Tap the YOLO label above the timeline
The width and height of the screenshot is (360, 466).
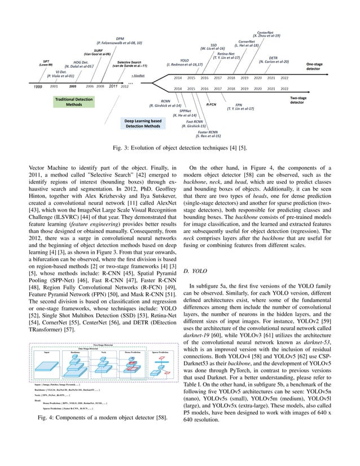185,60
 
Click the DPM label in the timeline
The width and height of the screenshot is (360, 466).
120,39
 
